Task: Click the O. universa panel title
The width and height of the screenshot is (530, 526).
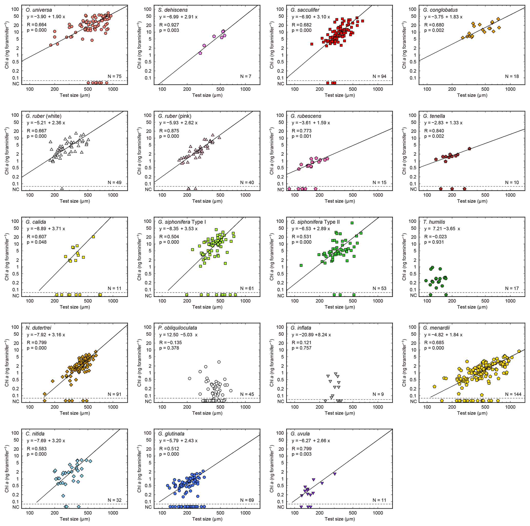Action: click(x=39, y=10)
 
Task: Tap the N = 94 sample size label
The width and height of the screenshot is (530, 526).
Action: click(x=379, y=76)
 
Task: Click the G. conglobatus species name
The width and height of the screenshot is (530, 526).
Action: click(x=440, y=10)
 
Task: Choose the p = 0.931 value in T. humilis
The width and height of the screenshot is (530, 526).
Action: click(x=434, y=242)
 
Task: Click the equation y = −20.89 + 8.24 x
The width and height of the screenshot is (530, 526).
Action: click(x=311, y=335)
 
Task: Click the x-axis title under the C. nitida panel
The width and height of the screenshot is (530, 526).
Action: click(x=75, y=519)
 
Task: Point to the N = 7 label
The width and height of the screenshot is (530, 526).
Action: click(x=246, y=76)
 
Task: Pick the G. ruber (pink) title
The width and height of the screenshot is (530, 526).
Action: click(x=175, y=116)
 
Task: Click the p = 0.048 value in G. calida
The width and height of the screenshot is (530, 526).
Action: click(x=37, y=242)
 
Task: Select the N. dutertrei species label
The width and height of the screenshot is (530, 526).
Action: click(x=38, y=328)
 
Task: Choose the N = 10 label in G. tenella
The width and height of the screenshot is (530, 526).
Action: click(x=512, y=182)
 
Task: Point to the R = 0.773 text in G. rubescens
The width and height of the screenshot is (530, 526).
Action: click(x=302, y=131)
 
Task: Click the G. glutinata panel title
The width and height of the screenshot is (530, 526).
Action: click(x=171, y=434)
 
